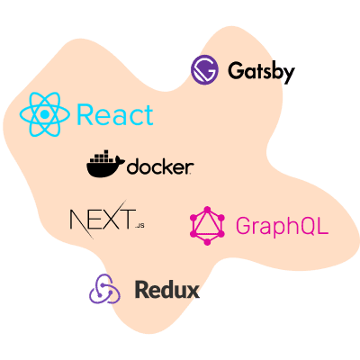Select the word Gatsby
[261, 71]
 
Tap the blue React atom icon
[44, 114]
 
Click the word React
[115, 115]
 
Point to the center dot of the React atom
[44, 114]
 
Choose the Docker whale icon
[105, 165]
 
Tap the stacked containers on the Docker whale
[101, 159]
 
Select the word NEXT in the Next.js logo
[101, 219]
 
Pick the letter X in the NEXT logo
[107, 219]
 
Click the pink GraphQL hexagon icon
[209, 224]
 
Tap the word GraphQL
[282, 225]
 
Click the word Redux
[166, 290]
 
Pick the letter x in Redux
[193, 292]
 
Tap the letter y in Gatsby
[287, 74]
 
